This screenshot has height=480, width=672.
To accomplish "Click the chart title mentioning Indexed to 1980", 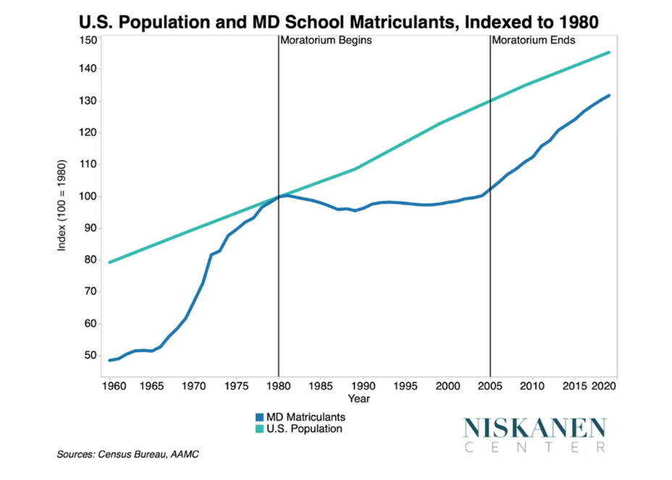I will point(338,20).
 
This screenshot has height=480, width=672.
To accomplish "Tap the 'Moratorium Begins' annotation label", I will point(326,41).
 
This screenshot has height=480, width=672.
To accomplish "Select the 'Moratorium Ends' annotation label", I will point(533,41).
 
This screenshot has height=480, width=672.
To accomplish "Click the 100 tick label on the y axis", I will point(88,196).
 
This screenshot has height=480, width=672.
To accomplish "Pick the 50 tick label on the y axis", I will point(91,355).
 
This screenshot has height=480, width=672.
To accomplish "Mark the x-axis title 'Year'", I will point(358,398).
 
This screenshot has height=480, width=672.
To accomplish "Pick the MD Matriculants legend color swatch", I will point(259,417).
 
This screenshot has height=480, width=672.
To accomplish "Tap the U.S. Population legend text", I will point(304,429).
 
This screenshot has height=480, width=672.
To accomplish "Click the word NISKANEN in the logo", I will point(534,427).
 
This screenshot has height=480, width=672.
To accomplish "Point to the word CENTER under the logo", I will point(534,447).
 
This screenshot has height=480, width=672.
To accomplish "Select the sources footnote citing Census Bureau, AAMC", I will point(127,455).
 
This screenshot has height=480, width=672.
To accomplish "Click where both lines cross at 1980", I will point(279,196).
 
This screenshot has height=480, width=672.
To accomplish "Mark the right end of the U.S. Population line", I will point(609,52).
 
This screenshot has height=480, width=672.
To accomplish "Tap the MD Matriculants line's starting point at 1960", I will point(109,360).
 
